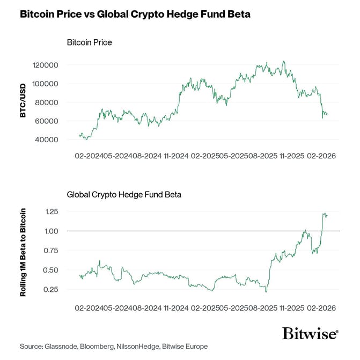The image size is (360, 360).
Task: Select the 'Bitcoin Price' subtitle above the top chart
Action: pos(89,42)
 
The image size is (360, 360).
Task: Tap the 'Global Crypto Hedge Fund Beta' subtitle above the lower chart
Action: pos(123,194)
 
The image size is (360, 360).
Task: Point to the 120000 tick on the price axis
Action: pos(45,65)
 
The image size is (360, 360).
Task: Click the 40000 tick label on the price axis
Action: pos(47,139)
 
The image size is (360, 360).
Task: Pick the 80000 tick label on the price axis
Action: pos(47,102)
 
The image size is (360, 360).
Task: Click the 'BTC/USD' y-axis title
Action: pos(23,102)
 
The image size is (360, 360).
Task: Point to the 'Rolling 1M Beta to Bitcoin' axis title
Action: pos(23,251)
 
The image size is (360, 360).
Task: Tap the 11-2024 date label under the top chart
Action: pos(175,156)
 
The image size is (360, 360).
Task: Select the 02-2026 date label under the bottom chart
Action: pos(321,309)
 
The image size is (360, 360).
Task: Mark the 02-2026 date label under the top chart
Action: pos(321,156)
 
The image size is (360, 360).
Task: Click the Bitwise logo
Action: pos(310,333)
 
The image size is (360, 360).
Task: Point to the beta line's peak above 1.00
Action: pos(324,214)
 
